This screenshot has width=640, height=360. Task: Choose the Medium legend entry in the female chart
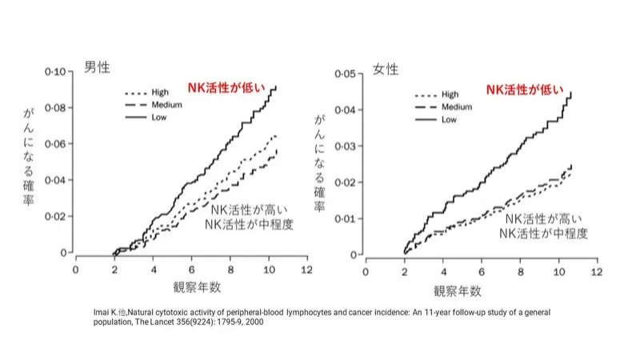coord(457,106)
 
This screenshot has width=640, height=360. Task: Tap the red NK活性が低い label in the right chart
coord(525,89)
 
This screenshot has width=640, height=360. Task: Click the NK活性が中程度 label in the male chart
coord(247,224)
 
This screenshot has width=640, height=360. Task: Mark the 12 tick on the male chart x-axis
coord(306,270)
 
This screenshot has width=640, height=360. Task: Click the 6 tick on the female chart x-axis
coord(481,272)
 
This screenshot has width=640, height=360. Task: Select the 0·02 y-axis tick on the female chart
coord(342,182)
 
